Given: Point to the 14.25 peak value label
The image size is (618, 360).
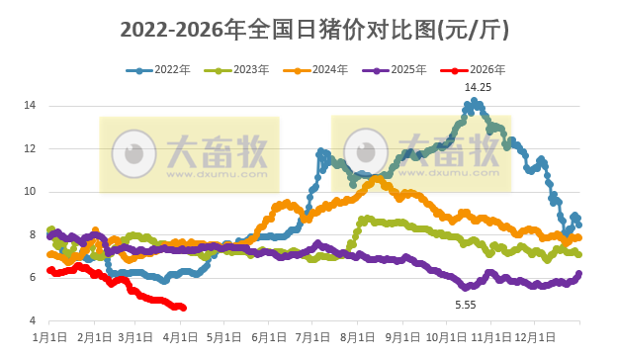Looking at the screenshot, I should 479,88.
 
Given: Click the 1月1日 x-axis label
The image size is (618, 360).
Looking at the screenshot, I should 50,337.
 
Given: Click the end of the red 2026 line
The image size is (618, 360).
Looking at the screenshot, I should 183,308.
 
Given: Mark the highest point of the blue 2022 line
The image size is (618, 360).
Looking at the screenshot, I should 476,100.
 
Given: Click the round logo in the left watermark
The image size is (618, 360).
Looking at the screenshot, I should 132,153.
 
